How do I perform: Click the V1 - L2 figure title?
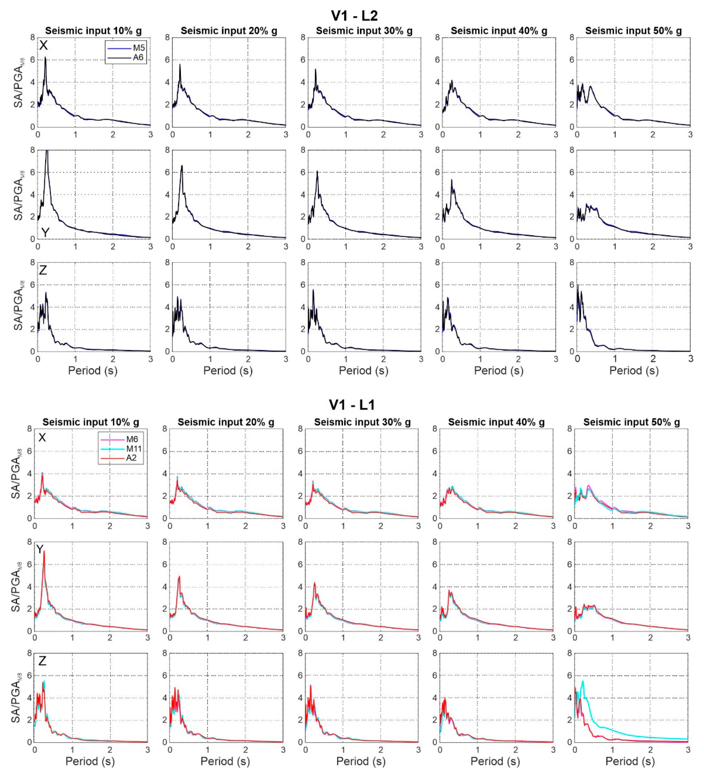tap(354, 16)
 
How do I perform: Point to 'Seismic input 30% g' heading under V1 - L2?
tap(364, 31)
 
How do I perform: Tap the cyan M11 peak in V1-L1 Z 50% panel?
tap(583, 681)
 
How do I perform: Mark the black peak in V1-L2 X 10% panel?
tap(45, 58)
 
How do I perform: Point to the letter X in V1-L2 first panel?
tap(43, 46)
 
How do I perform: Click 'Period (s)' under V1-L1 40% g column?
tap(495, 761)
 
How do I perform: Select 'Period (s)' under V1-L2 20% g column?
tap(228, 370)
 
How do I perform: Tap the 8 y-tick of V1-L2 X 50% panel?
tap(571, 38)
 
